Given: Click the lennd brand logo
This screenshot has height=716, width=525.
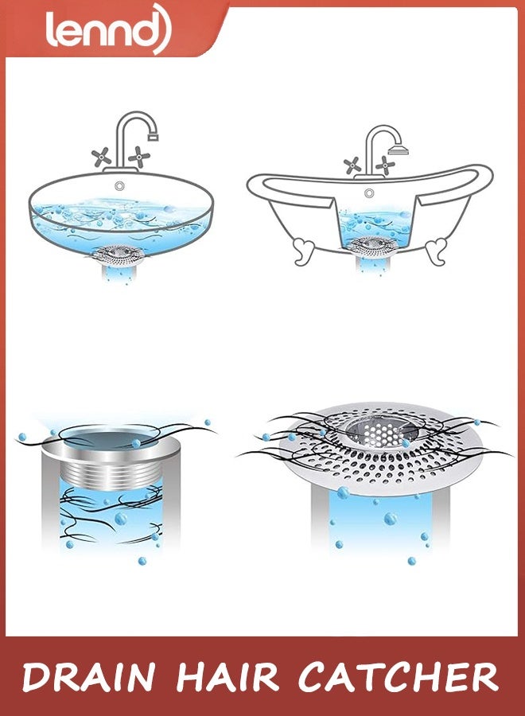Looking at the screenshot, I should tap(107, 30).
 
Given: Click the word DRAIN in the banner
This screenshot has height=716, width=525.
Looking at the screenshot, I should tap(87, 678).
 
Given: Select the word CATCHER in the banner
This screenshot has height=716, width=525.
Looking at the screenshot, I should tap(398, 678).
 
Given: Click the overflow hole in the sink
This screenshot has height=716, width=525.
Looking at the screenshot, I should tap(119, 185).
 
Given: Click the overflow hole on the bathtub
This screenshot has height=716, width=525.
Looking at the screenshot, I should tap(369, 193).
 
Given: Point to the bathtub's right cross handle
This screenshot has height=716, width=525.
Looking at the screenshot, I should tap(386, 165).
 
